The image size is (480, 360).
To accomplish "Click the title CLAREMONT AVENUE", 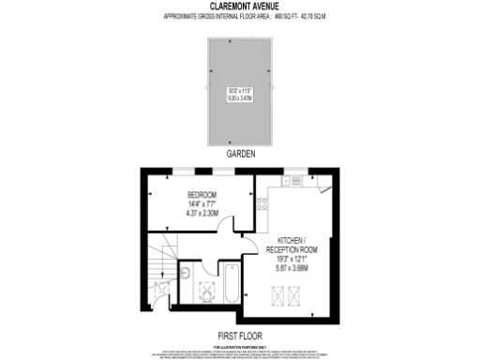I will tap(239, 8).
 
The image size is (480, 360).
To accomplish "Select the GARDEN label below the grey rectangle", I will tap(240, 152).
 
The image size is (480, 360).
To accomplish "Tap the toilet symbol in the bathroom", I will tap(184, 274).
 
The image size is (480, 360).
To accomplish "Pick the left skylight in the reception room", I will tap(278, 297).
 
